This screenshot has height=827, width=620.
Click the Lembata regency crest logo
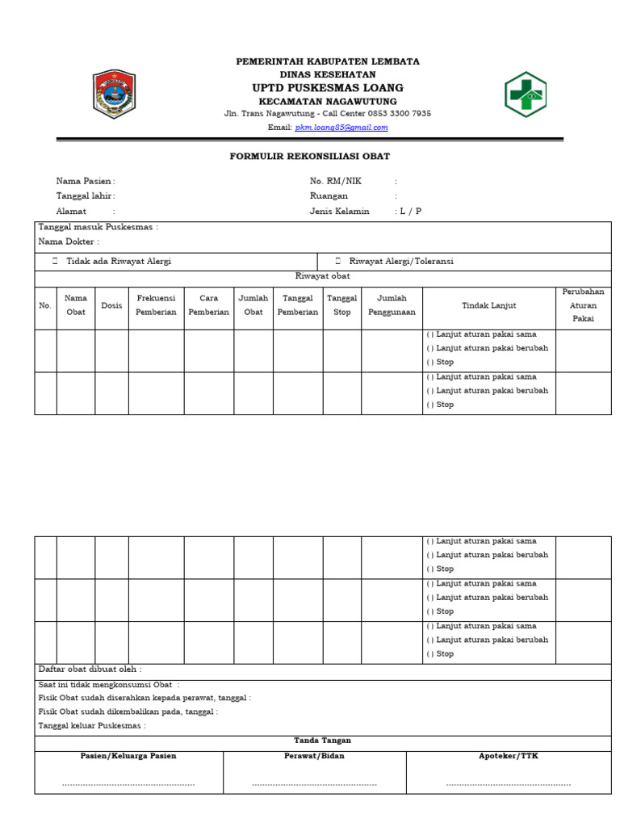(114, 94)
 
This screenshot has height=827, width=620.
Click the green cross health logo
(526, 94)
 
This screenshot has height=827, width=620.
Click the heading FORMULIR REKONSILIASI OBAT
(309, 157)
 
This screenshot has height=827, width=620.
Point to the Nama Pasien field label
(84, 182)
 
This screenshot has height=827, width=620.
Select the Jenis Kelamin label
(339, 212)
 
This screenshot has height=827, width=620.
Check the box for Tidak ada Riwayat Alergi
(55, 262)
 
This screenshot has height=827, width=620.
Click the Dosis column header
(111, 305)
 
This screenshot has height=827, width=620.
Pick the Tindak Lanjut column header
(488, 305)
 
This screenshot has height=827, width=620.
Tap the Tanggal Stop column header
(341, 305)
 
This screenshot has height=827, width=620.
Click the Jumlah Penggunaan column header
(392, 305)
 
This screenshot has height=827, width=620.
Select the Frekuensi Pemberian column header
(156, 305)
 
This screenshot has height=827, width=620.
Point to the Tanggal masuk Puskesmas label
(98, 228)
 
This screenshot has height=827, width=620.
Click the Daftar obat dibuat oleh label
(90, 670)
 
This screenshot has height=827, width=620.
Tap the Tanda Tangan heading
(322, 741)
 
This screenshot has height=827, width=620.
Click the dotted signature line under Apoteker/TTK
(508, 784)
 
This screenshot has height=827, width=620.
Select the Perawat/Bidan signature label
(314, 756)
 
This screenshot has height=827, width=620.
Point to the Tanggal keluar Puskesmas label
(91, 726)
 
